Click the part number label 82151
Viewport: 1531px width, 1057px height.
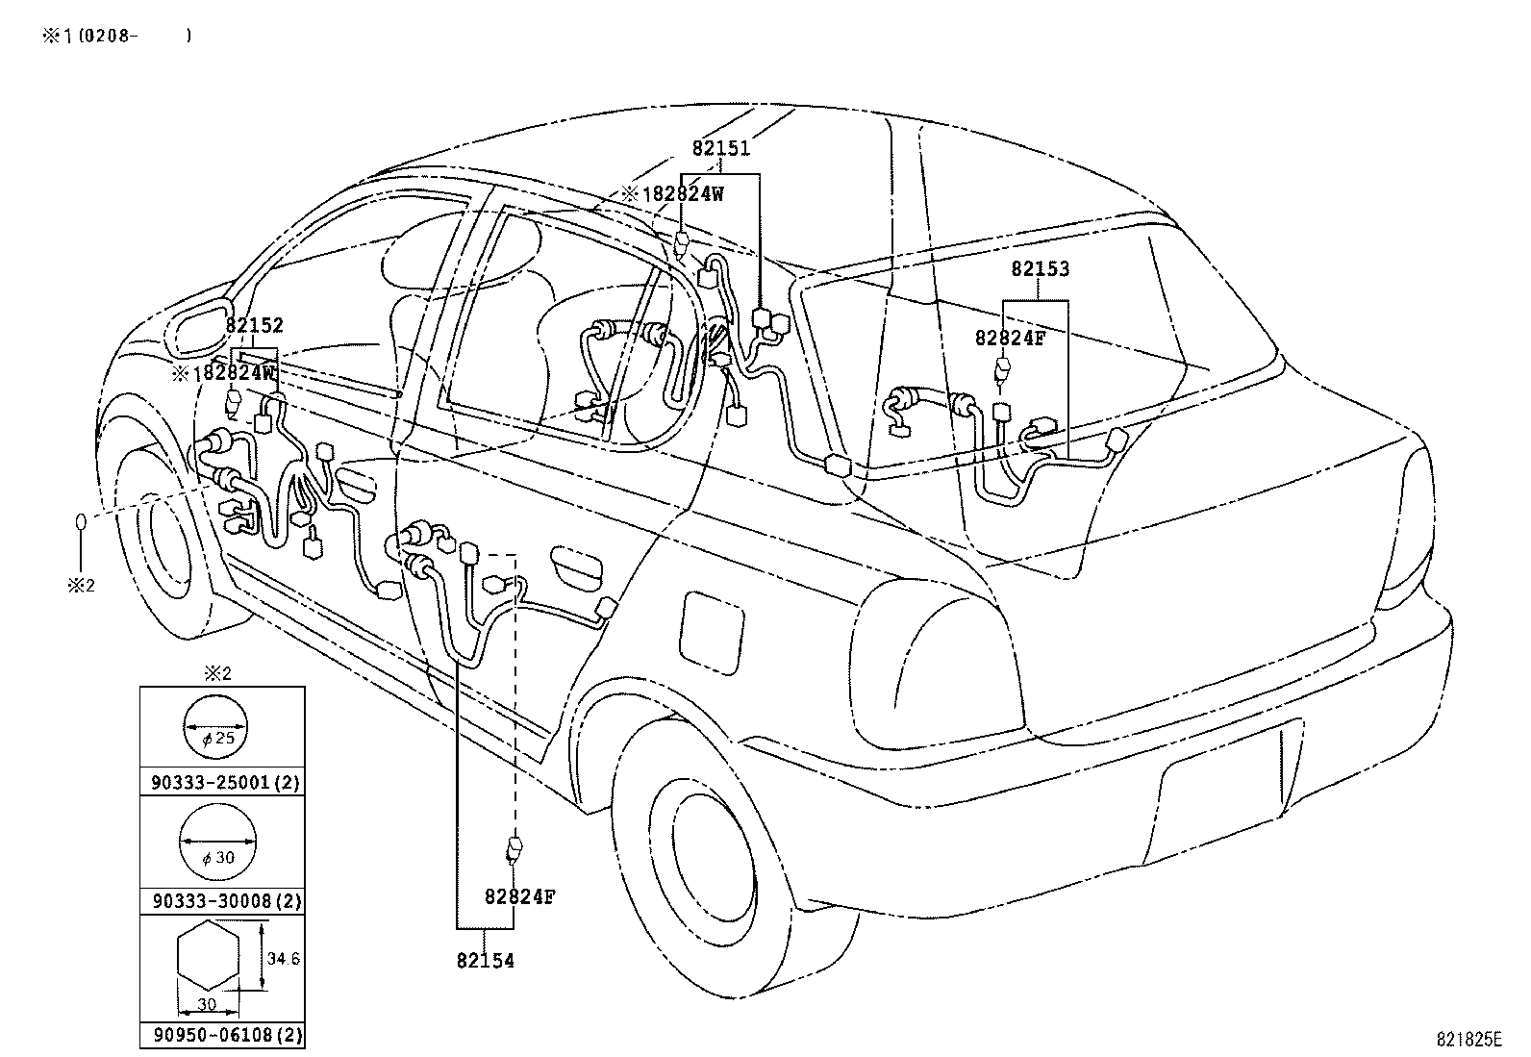click(x=720, y=149)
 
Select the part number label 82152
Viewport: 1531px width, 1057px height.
click(x=255, y=326)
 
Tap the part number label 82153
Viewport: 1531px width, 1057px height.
click(x=1040, y=269)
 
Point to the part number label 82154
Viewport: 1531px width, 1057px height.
click(x=485, y=961)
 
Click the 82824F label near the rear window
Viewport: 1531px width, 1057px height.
click(x=1009, y=338)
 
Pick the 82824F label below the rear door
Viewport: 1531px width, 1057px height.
click(x=519, y=897)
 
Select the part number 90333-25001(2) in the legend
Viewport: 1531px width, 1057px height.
click(x=225, y=782)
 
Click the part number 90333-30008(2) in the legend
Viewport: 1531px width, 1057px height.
click(x=225, y=901)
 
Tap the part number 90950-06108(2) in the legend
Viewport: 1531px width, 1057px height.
click(x=225, y=1035)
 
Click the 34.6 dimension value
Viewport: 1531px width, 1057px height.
click(x=284, y=959)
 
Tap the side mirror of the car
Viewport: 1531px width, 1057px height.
click(x=198, y=328)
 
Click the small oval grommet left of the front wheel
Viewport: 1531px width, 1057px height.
click(x=81, y=523)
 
